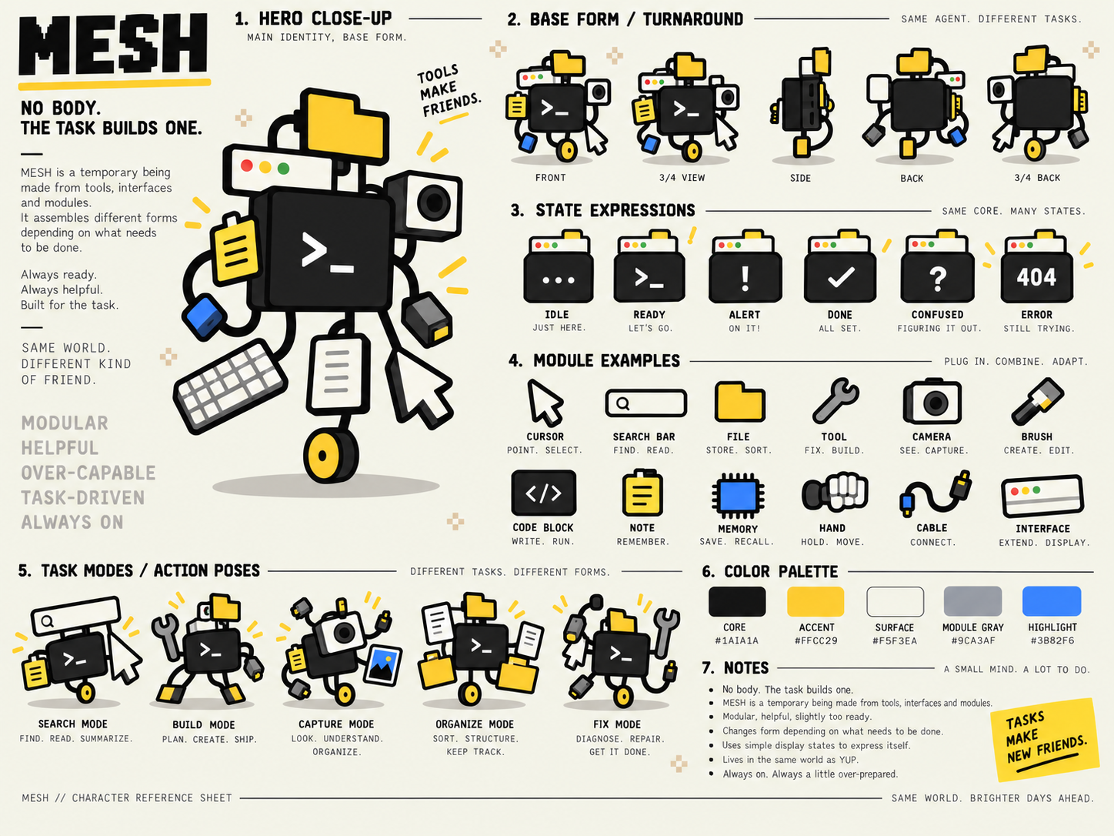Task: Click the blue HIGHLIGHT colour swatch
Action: (1051, 601)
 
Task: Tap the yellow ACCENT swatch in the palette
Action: (815, 601)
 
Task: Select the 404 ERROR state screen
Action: (1036, 277)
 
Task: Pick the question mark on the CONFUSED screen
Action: (937, 279)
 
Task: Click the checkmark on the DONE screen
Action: (841, 277)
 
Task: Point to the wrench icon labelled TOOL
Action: (835, 401)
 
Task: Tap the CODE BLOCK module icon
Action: (544, 493)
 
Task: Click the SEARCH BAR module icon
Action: (645, 403)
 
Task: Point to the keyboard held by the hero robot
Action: (230, 385)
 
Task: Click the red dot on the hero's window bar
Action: (247, 166)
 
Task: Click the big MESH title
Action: (113, 44)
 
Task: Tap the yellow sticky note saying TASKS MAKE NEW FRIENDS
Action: (1045, 739)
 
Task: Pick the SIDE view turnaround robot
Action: (802, 106)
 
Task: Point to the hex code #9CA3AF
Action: (973, 640)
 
